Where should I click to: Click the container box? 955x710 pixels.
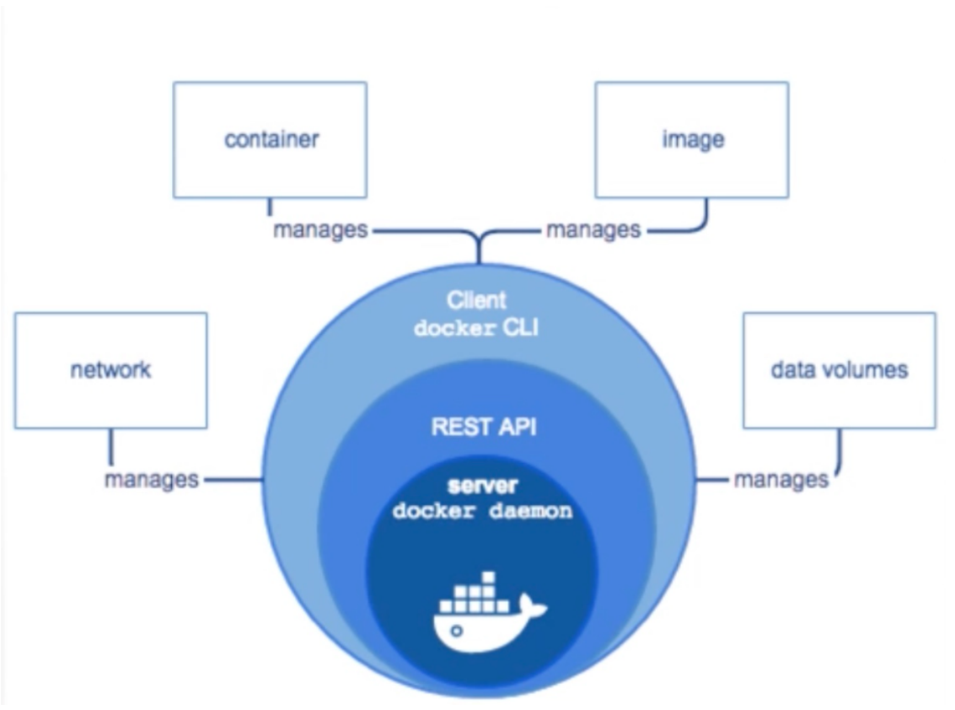point(270,140)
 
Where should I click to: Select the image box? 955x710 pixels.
point(691,140)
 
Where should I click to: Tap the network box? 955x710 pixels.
point(110,370)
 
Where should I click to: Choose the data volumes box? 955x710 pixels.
point(839,370)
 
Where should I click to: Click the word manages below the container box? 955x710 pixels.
point(319,229)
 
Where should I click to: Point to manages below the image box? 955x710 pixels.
point(593,229)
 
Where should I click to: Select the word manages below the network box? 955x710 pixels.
point(152,480)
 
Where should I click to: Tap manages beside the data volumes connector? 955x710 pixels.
point(781,480)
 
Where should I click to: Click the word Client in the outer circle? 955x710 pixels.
point(477,300)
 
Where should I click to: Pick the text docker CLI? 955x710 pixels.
point(477,329)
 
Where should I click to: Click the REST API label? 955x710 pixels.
point(483,427)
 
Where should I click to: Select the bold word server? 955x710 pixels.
point(481,487)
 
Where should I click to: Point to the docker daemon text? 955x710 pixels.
point(481,511)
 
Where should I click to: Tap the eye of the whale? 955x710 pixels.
point(457,630)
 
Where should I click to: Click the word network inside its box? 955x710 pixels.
point(110,370)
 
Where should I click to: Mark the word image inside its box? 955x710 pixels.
point(692,140)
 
